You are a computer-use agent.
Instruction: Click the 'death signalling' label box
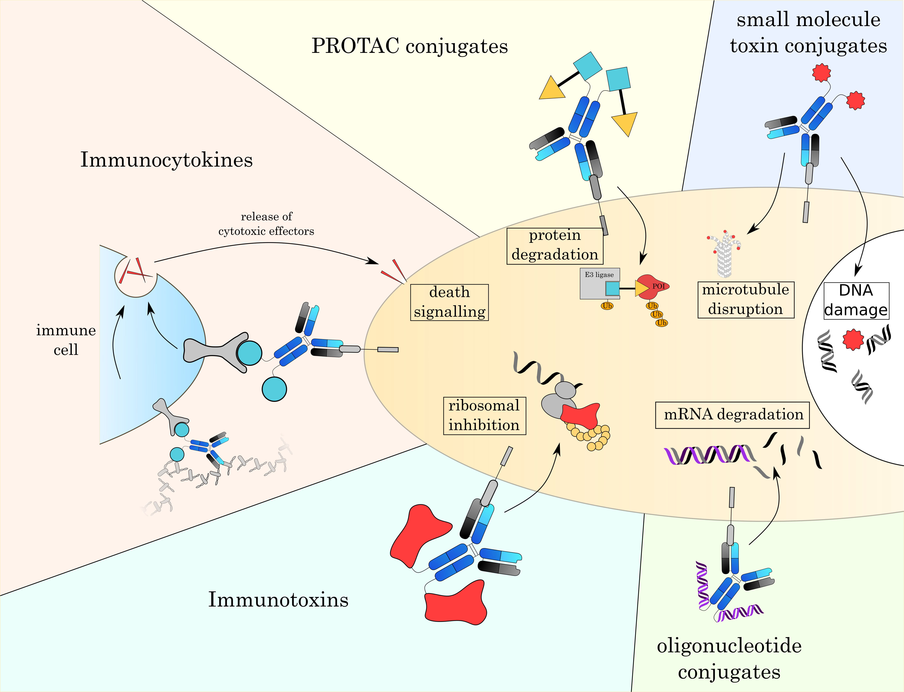(449, 302)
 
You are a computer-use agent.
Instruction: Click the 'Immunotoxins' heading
(278, 599)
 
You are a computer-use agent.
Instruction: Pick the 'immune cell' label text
(66, 340)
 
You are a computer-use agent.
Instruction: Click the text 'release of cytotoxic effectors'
(266, 224)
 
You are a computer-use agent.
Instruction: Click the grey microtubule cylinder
(724, 259)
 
